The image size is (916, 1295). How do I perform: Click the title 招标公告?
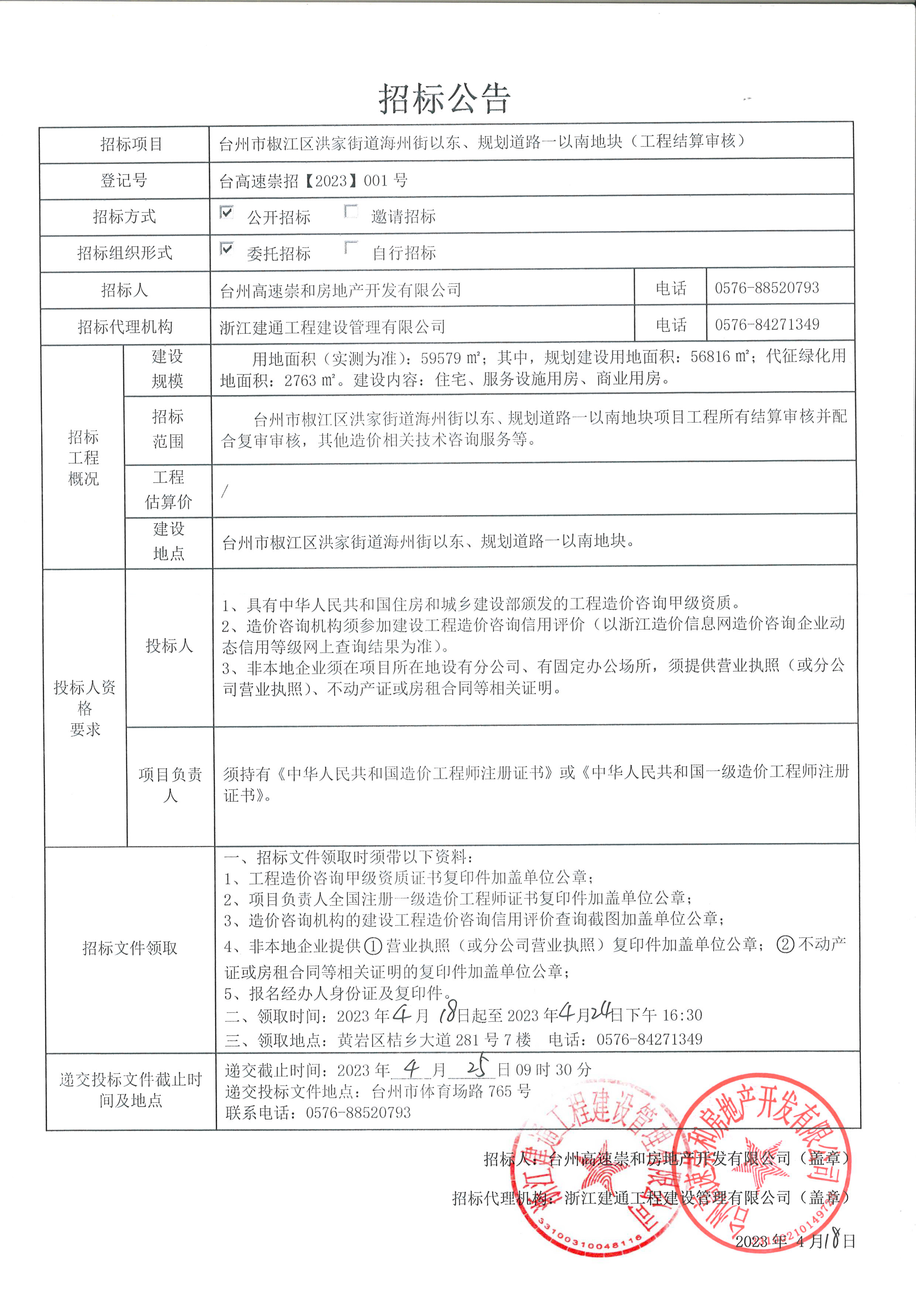tap(444, 99)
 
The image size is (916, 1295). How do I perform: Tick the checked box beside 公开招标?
tap(226, 213)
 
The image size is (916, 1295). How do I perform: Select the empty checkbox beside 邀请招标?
tap(351, 212)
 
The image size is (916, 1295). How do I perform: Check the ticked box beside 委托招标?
tap(226, 249)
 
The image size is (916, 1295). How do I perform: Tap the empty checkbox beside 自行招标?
tap(351, 248)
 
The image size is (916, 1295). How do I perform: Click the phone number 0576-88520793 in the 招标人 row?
tap(766, 288)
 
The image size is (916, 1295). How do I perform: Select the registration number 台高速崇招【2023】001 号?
tap(313, 181)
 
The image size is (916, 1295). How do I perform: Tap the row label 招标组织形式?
tap(124, 253)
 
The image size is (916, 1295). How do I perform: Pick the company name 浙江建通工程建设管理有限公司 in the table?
tap(333, 326)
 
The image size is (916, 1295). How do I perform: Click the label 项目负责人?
tap(170, 785)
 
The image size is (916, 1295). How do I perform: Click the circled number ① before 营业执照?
tap(373, 945)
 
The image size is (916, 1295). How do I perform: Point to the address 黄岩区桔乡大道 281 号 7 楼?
tap(434, 1039)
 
